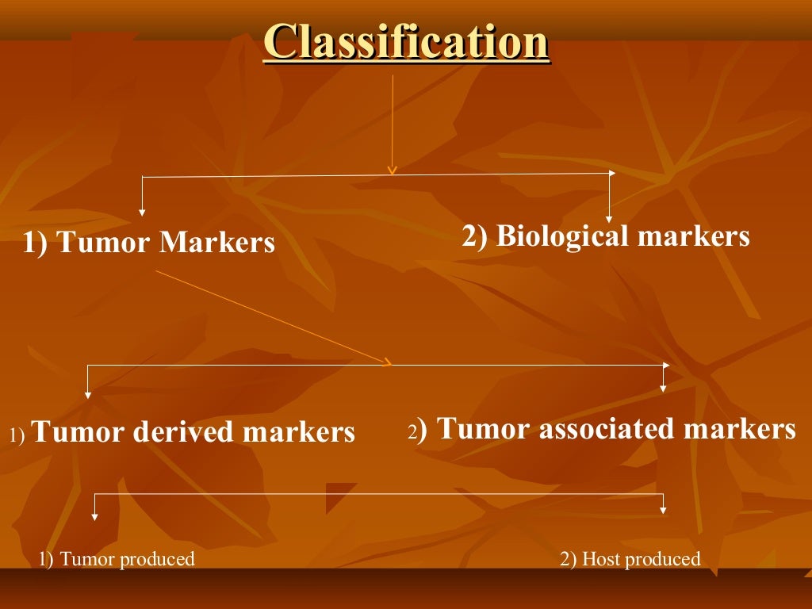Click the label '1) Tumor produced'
117,559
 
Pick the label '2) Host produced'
630,559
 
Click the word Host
601,559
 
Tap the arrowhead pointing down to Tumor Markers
142,212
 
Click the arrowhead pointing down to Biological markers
609,218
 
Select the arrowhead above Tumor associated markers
663,388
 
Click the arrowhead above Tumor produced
95,516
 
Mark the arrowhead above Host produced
663,510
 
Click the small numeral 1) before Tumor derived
18,435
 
